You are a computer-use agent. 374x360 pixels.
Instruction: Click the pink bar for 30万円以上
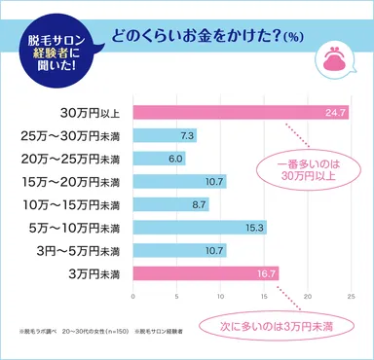241,112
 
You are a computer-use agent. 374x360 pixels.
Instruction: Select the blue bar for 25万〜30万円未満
164,135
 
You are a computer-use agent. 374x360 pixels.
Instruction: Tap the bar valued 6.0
159,158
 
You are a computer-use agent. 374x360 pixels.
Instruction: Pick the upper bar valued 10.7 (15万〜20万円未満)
179,181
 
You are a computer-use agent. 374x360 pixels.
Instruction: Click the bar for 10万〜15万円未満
170,203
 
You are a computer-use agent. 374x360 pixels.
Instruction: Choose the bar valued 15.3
200,227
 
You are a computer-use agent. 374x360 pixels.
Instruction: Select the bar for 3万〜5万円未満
179,250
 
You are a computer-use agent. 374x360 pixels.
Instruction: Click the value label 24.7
336,112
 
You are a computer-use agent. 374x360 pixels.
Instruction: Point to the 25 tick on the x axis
351,295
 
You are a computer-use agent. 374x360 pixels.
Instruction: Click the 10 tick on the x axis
221,295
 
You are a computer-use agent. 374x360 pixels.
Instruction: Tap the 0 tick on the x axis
133,295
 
